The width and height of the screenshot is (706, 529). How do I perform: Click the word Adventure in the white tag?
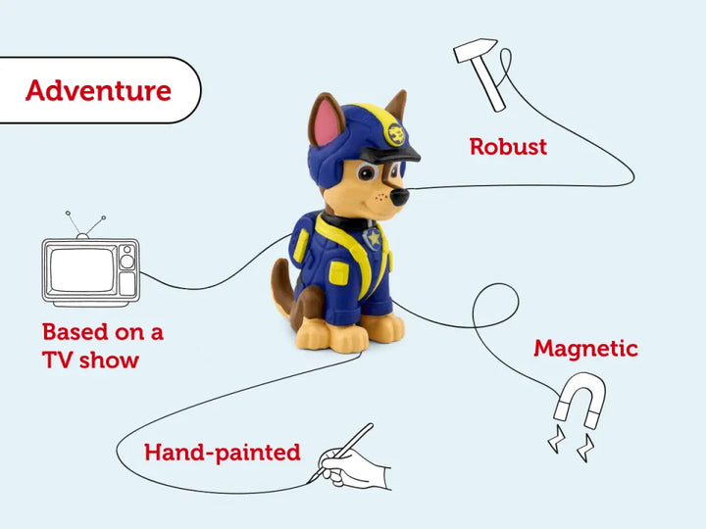[98, 90]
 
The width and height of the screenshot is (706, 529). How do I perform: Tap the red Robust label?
[508, 147]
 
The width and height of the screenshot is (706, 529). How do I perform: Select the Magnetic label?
[585, 348]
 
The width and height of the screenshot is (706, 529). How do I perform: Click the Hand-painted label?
[222, 452]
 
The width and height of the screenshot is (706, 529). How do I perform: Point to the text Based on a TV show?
[102, 345]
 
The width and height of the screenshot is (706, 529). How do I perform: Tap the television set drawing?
[90, 268]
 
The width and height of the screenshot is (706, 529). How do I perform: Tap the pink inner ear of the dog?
[323, 125]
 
